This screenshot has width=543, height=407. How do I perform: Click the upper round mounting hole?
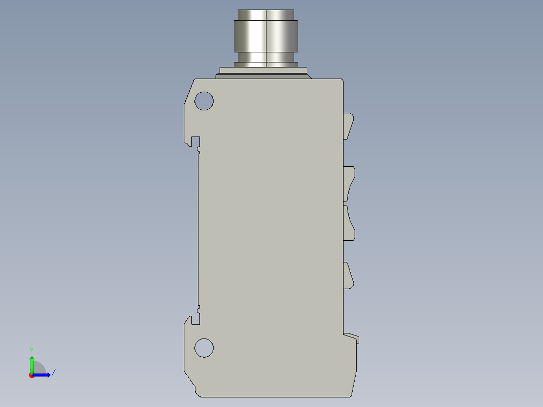coord(204,101)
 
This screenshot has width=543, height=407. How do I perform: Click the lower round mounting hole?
coord(204,348)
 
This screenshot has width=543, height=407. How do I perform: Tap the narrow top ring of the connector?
coord(266,14)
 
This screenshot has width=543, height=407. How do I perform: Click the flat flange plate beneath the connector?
coord(264,71)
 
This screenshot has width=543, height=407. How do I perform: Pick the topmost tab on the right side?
coord(348,125)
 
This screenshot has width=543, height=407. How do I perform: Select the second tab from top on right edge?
coord(349,183)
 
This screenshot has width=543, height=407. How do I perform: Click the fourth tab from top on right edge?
coord(348,276)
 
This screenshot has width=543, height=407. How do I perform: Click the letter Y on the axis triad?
coord(32,350)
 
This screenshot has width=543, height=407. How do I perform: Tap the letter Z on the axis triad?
coord(53,372)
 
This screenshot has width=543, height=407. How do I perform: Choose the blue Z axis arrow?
coord(43,375)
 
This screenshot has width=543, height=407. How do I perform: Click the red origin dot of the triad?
coord(32,375)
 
